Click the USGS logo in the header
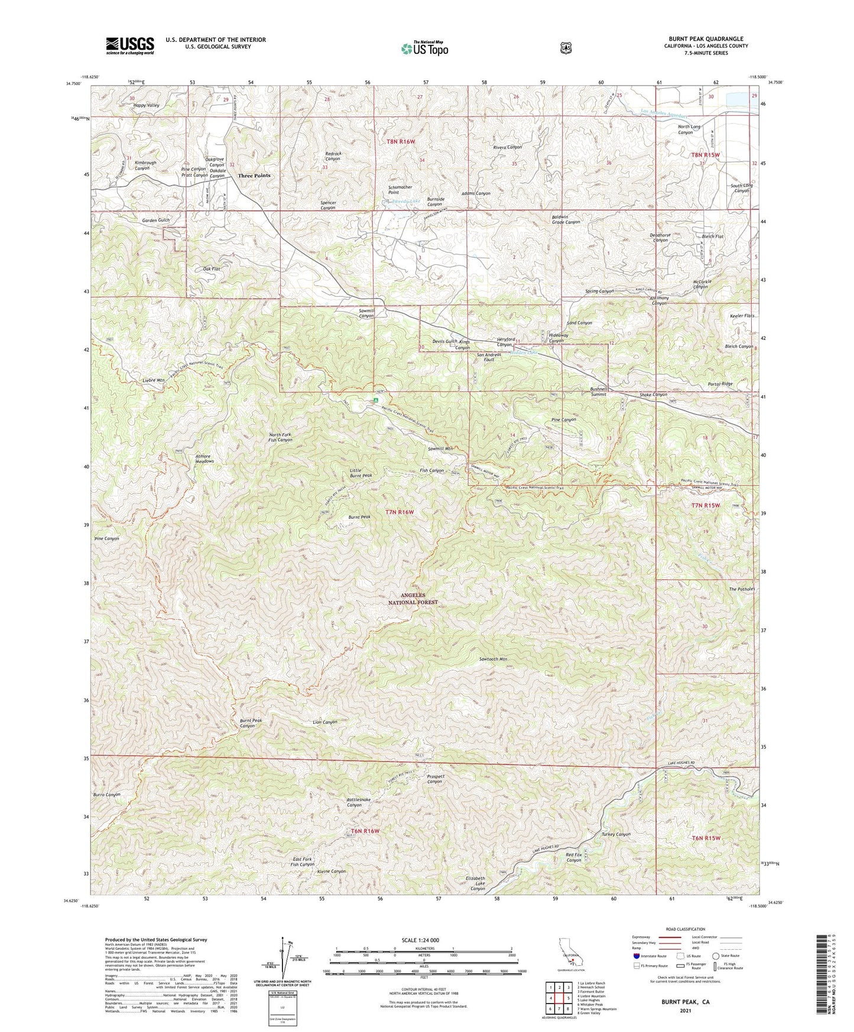click(x=130, y=45)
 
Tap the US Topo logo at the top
click(x=424, y=48)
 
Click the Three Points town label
click(x=254, y=176)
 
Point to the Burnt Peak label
click(x=359, y=517)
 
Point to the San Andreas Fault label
click(x=489, y=356)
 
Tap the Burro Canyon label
click(x=106, y=794)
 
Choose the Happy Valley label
click(x=146, y=105)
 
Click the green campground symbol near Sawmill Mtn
click(x=375, y=400)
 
